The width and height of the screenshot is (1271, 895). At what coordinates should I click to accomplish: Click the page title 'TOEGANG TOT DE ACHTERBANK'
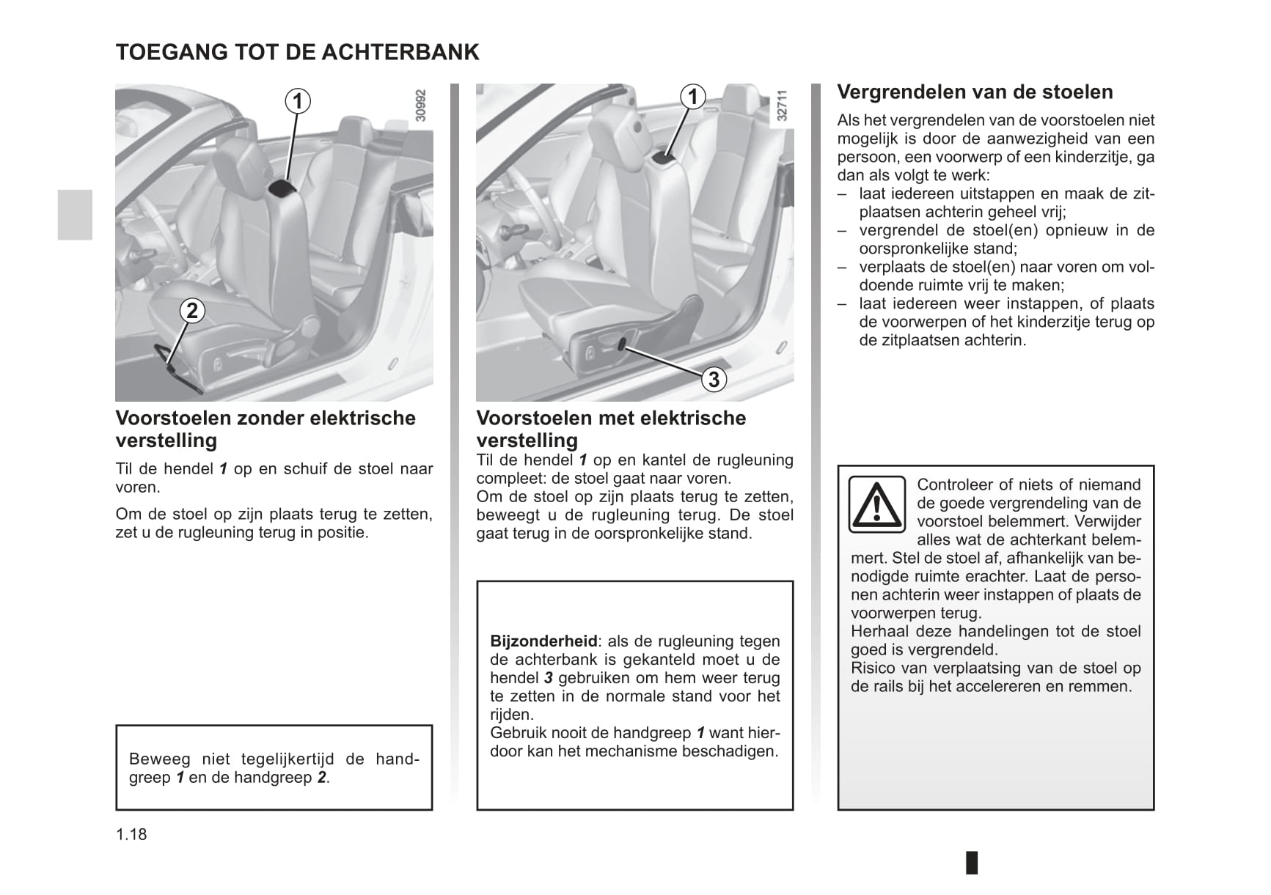pos(297,52)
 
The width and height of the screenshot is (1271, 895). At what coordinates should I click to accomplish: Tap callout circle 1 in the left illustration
pos(297,100)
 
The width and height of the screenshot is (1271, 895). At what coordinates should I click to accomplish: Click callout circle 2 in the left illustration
pos(192,311)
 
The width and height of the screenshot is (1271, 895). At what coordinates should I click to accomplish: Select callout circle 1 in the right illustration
pos(692,96)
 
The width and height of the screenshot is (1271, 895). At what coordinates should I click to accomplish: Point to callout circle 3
pos(714,379)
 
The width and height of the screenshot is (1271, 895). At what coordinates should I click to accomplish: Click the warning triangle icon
pos(876,504)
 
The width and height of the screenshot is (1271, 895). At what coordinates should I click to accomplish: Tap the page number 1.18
pos(131,834)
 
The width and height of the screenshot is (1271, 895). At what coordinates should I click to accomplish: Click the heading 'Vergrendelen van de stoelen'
pos(975,92)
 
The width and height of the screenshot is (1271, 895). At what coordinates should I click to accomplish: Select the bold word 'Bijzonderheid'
pos(543,641)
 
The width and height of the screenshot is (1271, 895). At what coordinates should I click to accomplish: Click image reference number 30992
pos(420,106)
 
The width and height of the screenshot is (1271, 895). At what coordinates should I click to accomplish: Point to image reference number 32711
pos(782,106)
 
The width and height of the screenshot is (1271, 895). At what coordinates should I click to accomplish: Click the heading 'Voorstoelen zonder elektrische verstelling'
pos(265,429)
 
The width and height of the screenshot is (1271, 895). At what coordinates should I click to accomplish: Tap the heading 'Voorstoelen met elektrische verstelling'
pos(611,429)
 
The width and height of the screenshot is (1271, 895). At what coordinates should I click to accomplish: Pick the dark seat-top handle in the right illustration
pos(664,155)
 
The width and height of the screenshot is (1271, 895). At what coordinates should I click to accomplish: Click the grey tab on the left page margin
pos(75,215)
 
